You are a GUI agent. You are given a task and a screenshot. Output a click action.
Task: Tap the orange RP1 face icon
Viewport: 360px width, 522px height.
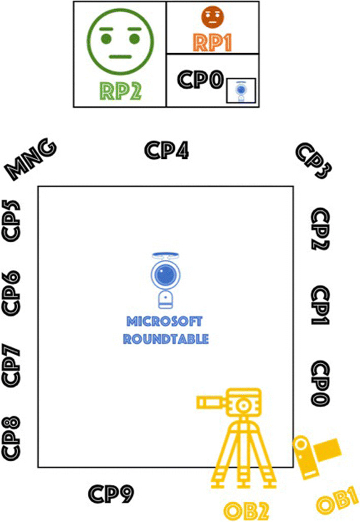(x=212, y=17)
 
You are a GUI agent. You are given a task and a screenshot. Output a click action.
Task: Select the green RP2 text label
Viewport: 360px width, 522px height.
(x=119, y=90)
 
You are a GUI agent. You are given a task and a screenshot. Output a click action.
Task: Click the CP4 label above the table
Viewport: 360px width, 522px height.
(x=167, y=150)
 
